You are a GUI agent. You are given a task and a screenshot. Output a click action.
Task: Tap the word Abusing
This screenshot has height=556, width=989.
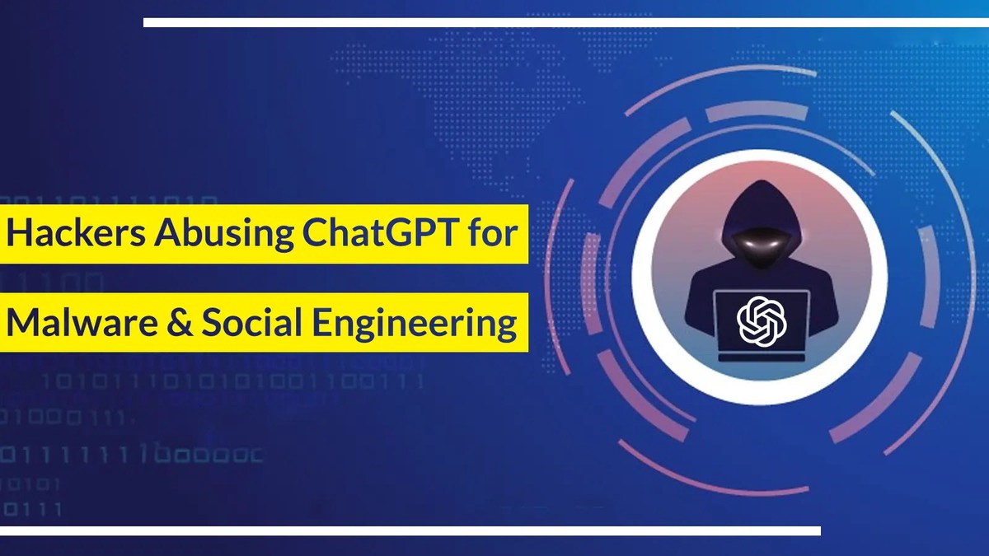(x=223, y=235)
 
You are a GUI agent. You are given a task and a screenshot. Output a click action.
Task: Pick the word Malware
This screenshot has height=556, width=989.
(x=82, y=322)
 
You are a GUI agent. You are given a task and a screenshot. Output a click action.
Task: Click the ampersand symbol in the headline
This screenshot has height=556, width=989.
(x=180, y=322)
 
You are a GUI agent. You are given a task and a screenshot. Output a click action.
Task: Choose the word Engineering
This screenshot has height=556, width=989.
(x=414, y=324)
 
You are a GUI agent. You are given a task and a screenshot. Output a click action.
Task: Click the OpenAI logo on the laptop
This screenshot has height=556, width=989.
(x=762, y=320)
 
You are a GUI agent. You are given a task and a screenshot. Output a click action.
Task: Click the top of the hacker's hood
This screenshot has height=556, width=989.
(x=760, y=181)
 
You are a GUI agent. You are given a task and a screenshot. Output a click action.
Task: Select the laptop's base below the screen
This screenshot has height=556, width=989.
(x=762, y=357)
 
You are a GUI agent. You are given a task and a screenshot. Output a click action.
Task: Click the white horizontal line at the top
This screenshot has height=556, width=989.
(x=566, y=22)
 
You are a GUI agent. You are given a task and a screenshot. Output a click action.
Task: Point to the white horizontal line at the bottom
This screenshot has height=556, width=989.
(x=410, y=530)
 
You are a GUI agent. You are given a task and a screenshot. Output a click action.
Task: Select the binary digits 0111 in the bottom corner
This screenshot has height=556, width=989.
(x=32, y=510)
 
